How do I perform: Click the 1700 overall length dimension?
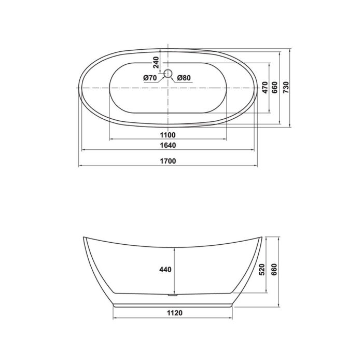click(x=168, y=161)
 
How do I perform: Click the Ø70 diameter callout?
click(x=150, y=78)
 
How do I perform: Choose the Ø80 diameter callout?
click(x=184, y=78)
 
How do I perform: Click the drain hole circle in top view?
click(x=167, y=74)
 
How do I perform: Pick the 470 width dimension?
click(x=264, y=87)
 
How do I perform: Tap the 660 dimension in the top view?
click(x=275, y=87)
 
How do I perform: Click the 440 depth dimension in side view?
click(x=165, y=270)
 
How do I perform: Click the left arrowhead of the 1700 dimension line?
click(x=79, y=166)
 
